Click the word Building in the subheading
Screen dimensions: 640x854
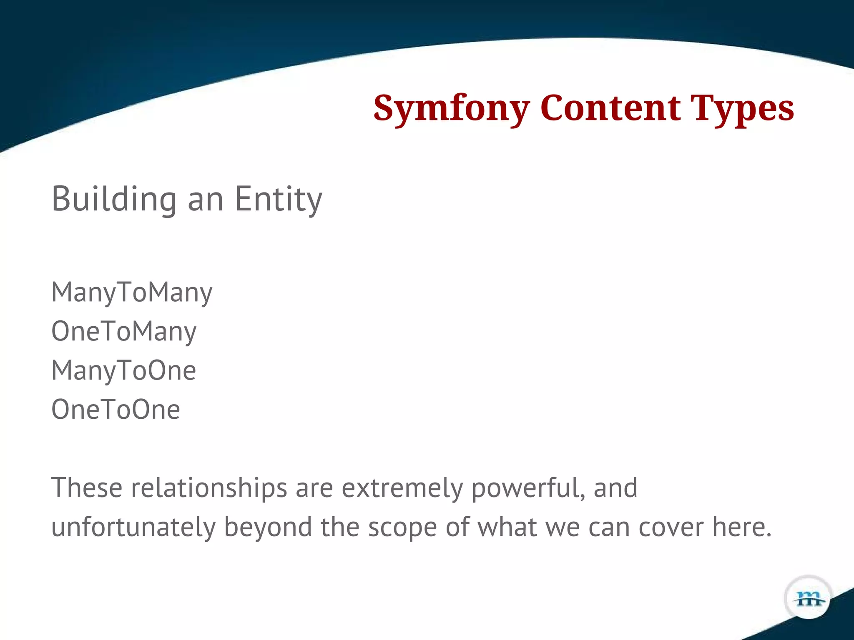114,199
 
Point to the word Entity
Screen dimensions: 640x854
278,199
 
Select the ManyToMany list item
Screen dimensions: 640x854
132,292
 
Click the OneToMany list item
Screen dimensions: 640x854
124,332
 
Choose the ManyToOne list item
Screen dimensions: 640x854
123,370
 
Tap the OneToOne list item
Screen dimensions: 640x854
116,410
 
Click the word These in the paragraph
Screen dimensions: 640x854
87,487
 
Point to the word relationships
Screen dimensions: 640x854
209,487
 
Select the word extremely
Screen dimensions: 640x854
402,487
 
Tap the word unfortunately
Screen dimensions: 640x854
133,527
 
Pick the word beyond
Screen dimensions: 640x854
268,527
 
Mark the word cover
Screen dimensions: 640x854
671,527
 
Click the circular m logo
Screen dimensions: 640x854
809,598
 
